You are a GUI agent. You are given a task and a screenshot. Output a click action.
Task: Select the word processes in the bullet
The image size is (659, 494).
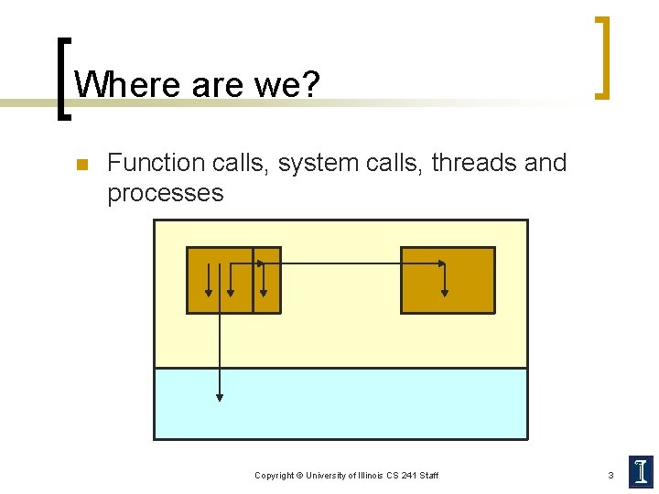(x=165, y=193)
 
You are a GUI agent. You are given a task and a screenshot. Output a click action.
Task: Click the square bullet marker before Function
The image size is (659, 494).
(x=81, y=166)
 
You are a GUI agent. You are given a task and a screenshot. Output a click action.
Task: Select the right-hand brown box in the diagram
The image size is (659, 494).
(x=448, y=280)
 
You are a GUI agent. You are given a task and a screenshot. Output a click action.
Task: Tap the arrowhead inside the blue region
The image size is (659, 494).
(x=220, y=397)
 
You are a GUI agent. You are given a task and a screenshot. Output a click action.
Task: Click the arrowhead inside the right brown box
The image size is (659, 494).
(x=445, y=293)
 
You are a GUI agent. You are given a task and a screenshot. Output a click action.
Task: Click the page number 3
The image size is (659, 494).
(x=610, y=475)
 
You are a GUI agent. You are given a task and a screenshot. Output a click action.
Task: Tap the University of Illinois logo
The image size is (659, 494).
(x=641, y=472)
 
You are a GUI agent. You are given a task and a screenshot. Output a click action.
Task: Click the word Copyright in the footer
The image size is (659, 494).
(x=274, y=476)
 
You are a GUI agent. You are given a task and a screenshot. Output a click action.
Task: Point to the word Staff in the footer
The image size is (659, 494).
(x=428, y=476)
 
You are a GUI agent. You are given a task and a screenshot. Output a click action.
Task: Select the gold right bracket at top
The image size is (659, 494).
(x=601, y=57)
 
